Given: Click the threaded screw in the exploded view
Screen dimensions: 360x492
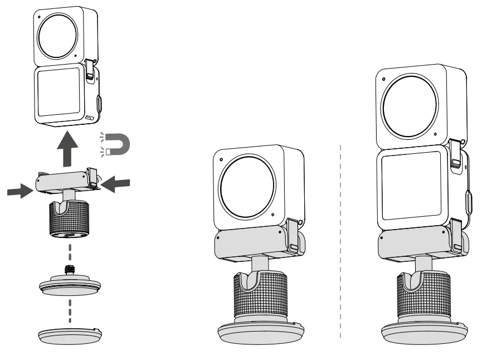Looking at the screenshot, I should pyautogui.click(x=70, y=270).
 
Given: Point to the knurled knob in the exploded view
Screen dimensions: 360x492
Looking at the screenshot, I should pyautogui.click(x=69, y=219).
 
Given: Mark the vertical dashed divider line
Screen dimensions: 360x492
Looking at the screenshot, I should pyautogui.click(x=340, y=240).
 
